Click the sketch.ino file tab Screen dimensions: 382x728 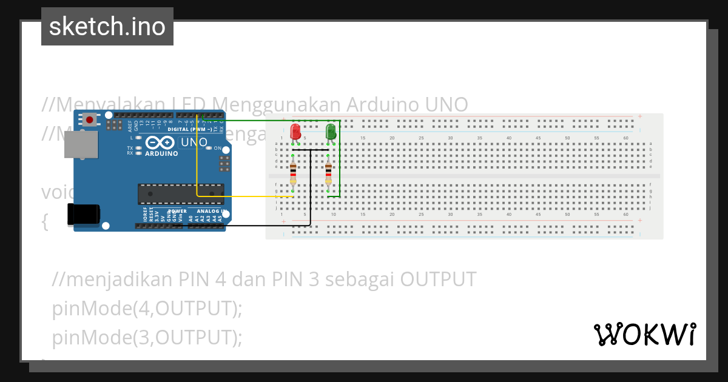pyautogui.click(x=107, y=27)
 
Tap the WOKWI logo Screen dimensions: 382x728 pyautogui.click(x=644, y=334)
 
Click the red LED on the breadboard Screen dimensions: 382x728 pyautogui.click(x=295, y=132)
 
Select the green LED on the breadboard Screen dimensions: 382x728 pyautogui.click(x=331, y=132)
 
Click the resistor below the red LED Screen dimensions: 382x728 pyautogui.click(x=293, y=171)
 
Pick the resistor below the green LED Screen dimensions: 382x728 pyautogui.click(x=328, y=171)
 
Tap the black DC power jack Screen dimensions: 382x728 pyautogui.click(x=83, y=215)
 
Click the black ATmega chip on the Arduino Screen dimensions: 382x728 pyautogui.click(x=181, y=193)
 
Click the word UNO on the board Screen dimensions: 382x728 pyautogui.click(x=194, y=142)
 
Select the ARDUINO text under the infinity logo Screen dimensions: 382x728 pyautogui.click(x=161, y=154)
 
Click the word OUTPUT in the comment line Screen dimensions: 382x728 pyautogui.click(x=437, y=279)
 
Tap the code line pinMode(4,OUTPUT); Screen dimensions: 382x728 pyautogui.click(x=147, y=308)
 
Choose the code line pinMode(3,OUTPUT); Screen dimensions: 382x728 pyautogui.click(x=147, y=337)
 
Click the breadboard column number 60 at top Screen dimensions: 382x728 pyautogui.click(x=626, y=138)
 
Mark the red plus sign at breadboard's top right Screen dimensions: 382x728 pyautogui.click(x=639, y=116)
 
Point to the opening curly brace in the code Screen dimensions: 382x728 pyautogui.click(x=44, y=222)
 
